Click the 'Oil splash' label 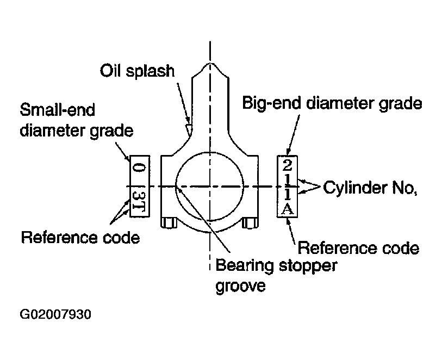(138, 71)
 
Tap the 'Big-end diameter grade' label (332, 103)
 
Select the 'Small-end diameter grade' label (77, 120)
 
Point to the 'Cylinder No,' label (370, 188)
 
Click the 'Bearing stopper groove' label (276, 276)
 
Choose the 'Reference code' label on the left (80, 237)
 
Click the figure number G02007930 (55, 314)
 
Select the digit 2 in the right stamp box (287, 165)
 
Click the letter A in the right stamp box (288, 209)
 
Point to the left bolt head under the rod (169, 222)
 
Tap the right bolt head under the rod (250, 223)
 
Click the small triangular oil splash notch (189, 129)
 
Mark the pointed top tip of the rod (210, 63)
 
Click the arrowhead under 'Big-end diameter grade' (288, 152)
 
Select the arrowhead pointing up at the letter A (288, 221)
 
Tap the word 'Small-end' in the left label (57, 110)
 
